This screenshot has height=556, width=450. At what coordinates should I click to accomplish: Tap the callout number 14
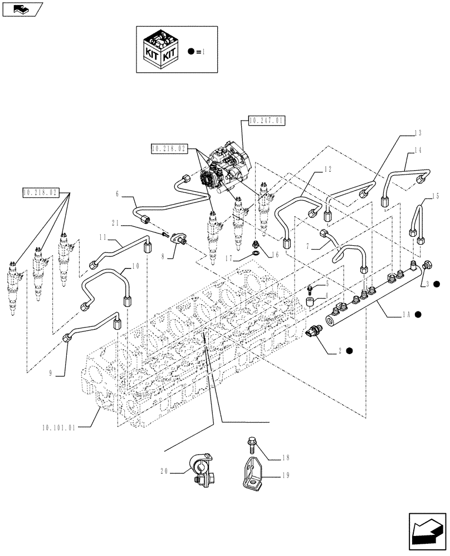point(418,151)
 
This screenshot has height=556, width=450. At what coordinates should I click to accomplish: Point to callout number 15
point(435,196)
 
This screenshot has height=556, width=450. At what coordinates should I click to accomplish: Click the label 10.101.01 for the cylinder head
point(58,428)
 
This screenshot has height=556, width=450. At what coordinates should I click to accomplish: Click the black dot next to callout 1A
point(418,314)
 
